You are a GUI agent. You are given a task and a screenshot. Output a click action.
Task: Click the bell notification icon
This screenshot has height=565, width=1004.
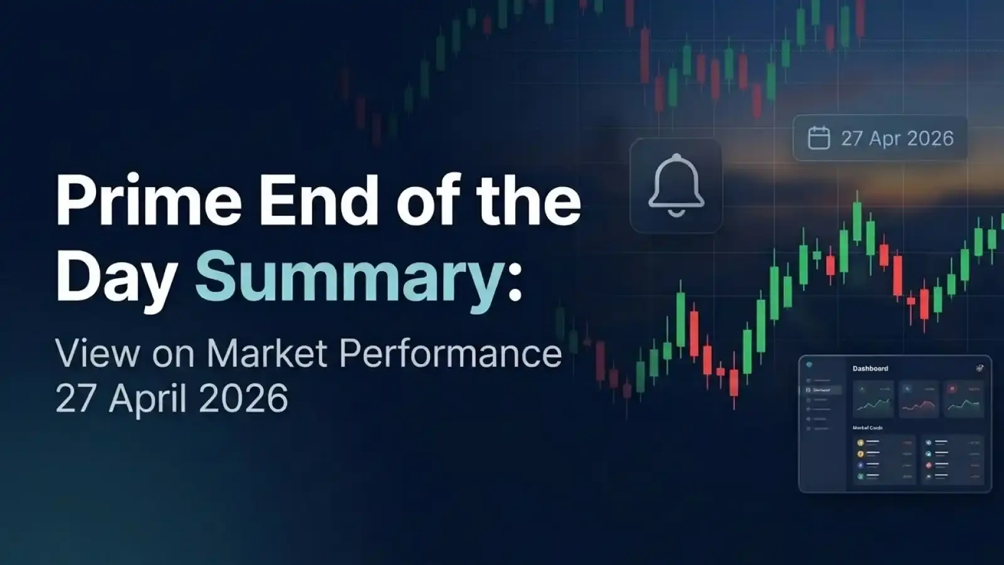(x=676, y=186)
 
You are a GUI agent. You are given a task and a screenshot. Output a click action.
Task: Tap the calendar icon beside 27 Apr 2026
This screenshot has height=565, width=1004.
(x=818, y=138)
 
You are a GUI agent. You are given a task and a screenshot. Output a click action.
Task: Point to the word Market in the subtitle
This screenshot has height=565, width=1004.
(x=267, y=353)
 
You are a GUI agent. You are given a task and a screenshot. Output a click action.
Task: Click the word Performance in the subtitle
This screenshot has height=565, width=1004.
(x=451, y=353)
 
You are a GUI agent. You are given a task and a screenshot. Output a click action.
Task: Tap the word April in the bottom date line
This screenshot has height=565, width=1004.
(x=153, y=399)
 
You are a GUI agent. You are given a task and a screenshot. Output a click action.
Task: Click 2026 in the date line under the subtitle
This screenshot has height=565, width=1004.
(x=243, y=399)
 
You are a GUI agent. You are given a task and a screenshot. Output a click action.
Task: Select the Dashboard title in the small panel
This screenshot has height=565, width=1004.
(x=870, y=369)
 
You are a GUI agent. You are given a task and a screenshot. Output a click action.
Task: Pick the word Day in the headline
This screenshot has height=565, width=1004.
(x=116, y=277)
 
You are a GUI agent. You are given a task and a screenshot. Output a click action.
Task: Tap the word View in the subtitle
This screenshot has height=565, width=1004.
(x=97, y=353)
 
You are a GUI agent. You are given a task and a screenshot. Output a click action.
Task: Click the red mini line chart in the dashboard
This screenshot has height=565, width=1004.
(x=919, y=405)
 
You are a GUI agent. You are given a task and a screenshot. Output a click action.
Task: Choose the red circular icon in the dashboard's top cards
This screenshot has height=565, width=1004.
(x=952, y=389)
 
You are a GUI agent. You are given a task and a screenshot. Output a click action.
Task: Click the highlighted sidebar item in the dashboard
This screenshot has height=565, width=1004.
(x=822, y=390)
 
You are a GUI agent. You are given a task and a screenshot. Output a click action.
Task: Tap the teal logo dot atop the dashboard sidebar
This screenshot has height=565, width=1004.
(x=809, y=365)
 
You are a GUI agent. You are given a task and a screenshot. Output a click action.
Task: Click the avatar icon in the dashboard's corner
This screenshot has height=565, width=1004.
(x=980, y=369)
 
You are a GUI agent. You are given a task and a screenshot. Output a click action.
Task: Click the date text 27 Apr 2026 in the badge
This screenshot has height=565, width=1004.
(x=897, y=138)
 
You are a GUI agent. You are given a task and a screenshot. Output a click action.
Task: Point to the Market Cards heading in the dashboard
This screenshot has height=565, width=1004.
(x=868, y=428)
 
